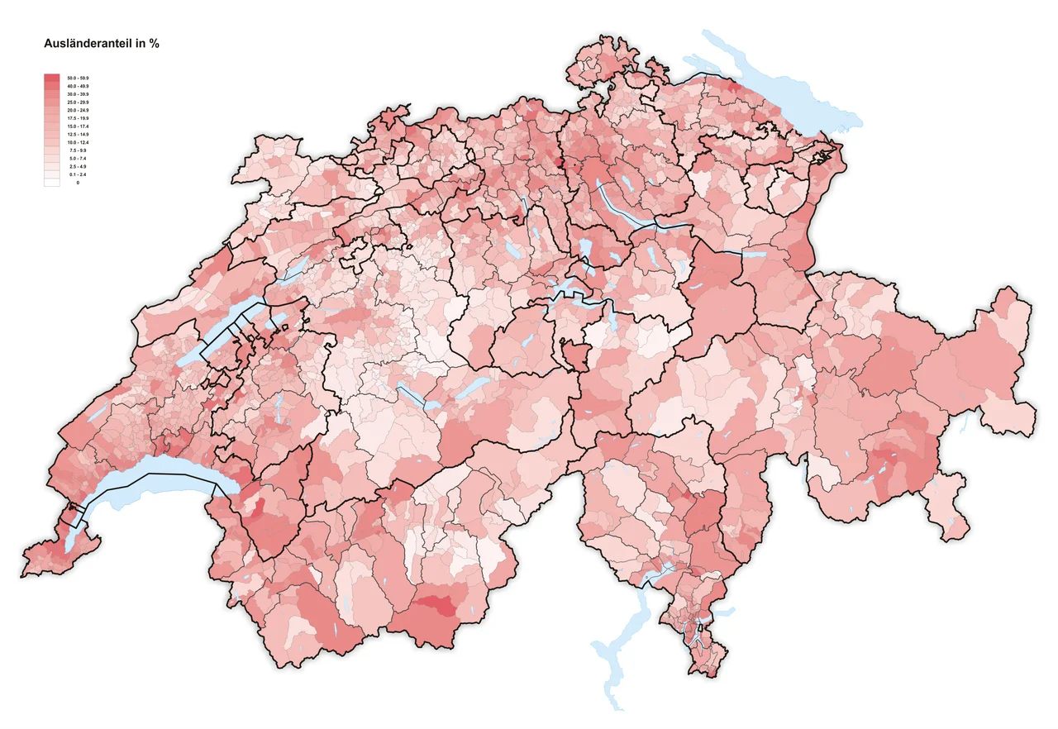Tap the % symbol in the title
pos(155,44)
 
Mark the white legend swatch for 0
pos(51,182)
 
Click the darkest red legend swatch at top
pos(51,78)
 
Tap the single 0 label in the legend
pos(78,183)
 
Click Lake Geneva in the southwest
pos(149,488)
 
